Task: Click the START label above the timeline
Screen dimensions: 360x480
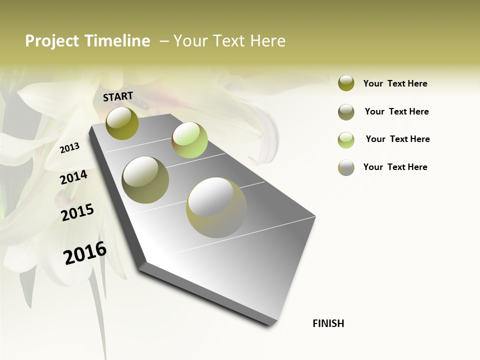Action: coord(118,96)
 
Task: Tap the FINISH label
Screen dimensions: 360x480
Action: coord(328,323)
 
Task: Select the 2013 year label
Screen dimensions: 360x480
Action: coord(69,147)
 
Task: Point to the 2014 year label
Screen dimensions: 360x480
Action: coord(73,177)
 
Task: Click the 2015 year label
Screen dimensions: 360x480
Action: coord(77,212)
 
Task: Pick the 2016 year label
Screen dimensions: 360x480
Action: coord(85,253)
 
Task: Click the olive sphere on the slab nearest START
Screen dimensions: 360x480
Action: coord(122,123)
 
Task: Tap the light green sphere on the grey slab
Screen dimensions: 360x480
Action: coord(189,140)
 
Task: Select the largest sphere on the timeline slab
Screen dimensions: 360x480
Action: coord(216,207)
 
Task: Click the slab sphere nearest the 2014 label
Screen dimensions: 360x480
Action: coord(145,180)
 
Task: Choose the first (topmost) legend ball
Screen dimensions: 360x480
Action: coord(346,83)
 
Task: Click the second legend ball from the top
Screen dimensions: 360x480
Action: coord(346,112)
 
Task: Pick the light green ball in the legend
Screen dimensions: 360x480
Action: coord(346,140)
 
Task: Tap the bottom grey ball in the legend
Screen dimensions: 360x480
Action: coord(346,167)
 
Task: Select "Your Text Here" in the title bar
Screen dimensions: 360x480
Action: coord(229,41)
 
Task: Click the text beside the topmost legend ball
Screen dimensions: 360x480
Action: coord(395,83)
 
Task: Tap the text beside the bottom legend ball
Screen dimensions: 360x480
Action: coord(395,167)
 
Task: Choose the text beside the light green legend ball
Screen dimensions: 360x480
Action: coord(397,139)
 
